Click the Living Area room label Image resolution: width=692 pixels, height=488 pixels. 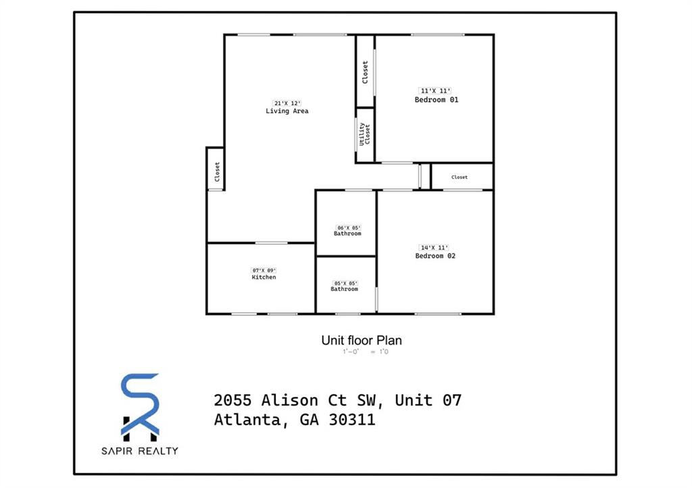(287, 111)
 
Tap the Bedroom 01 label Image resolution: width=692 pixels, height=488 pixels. (436, 100)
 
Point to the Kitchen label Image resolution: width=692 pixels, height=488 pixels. (264, 277)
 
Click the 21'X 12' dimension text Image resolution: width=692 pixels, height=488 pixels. (287, 103)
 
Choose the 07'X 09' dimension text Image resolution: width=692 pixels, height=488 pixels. (264, 270)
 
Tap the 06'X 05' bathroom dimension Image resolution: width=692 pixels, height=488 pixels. (347, 227)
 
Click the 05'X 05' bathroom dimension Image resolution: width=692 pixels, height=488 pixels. (344, 283)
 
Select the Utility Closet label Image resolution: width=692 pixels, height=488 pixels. (366, 134)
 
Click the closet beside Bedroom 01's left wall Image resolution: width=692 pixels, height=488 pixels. (366, 72)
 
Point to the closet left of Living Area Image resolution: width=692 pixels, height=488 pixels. (216, 171)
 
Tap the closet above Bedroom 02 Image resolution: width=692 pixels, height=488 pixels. (460, 177)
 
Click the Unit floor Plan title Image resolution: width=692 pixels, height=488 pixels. (362, 341)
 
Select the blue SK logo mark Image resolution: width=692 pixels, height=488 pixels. (141, 404)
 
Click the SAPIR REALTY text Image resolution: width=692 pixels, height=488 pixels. (141, 450)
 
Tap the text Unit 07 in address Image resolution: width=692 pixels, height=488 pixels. (428, 400)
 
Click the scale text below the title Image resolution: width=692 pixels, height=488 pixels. (366, 352)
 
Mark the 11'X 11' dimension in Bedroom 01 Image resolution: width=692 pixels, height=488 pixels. (436, 91)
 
